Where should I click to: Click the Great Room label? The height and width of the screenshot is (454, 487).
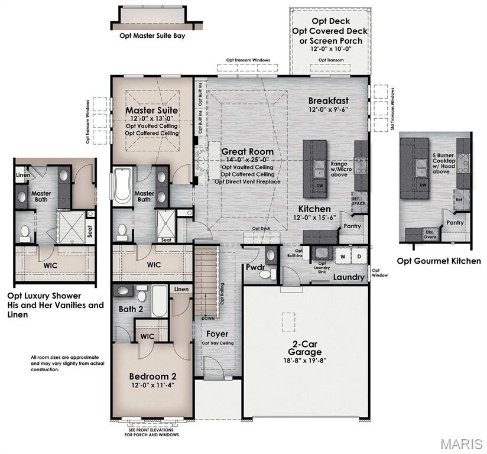248,151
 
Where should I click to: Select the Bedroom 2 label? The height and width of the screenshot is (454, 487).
152,375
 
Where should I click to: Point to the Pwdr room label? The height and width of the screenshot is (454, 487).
255,267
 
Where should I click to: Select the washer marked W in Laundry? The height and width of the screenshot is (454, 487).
341,257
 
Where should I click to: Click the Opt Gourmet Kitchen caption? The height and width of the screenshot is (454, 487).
439,261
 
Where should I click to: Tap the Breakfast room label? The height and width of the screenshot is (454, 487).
328,100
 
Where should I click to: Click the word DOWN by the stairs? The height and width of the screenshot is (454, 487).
209,318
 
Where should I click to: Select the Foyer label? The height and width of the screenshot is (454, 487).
217,334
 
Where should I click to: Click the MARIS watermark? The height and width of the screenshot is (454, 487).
463,443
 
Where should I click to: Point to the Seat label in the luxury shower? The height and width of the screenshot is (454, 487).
90,232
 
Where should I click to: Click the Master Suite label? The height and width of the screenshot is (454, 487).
151,111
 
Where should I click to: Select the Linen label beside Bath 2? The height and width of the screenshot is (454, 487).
181,288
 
